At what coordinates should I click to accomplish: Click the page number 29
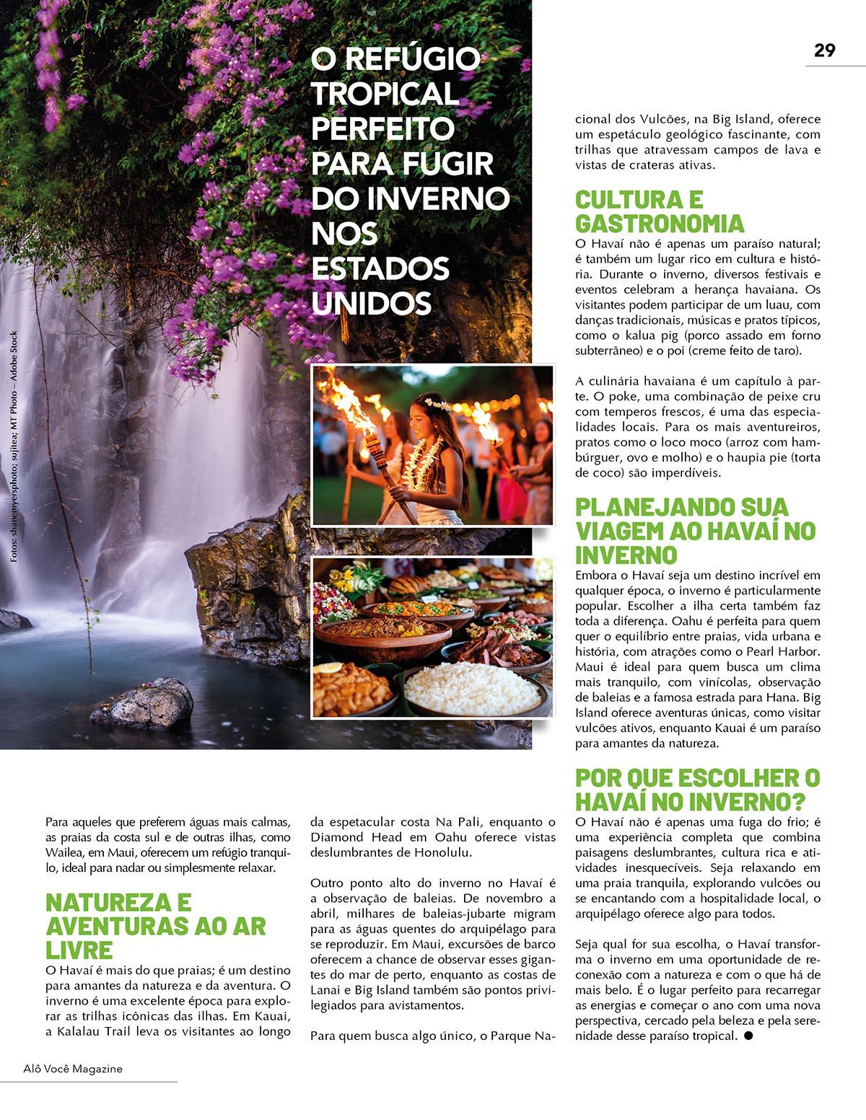coord(824,50)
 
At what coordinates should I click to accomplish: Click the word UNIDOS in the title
coord(371,303)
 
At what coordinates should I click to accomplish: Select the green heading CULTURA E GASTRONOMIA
coord(660,211)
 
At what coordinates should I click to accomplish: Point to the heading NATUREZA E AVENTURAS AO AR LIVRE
coord(155,925)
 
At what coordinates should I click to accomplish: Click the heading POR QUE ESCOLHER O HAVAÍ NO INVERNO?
coord(697,790)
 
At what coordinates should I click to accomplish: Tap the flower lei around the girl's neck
coord(423,462)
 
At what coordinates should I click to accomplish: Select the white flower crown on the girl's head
coord(437,402)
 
